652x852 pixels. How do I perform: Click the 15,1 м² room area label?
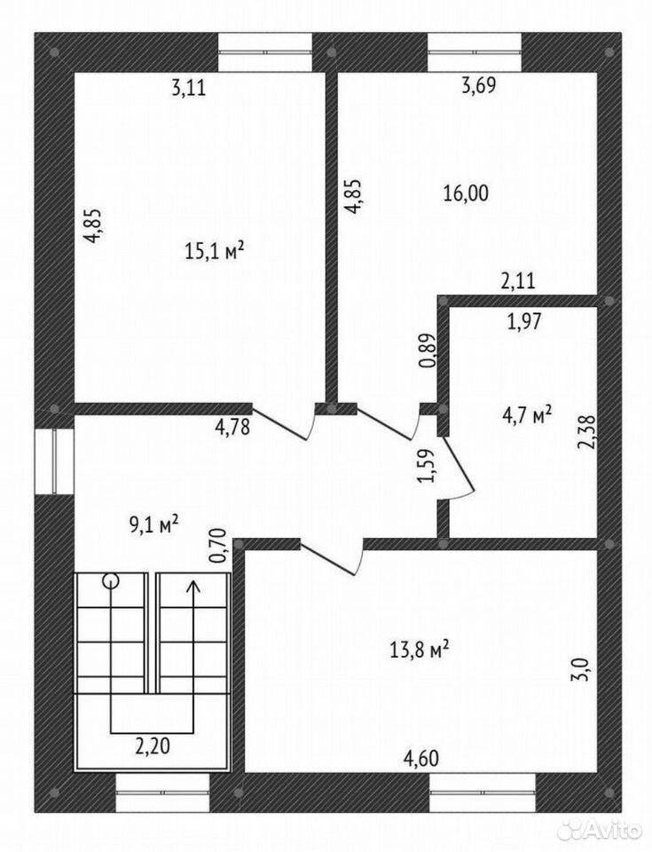215,251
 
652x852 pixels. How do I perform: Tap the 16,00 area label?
466,193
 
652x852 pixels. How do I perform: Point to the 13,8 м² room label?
419,650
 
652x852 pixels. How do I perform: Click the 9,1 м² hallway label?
154,525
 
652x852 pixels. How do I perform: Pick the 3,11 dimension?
189,87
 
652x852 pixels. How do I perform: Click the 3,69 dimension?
479,86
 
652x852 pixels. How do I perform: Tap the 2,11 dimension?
518,281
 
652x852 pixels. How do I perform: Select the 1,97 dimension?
523,321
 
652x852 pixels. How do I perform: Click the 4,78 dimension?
232,427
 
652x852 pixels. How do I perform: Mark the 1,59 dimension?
426,466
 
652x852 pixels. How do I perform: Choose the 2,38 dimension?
587,432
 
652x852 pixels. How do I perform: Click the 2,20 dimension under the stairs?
153,746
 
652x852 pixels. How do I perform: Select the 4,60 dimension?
421,757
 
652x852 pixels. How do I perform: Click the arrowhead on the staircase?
192,587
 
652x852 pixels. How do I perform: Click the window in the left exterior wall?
54,461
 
